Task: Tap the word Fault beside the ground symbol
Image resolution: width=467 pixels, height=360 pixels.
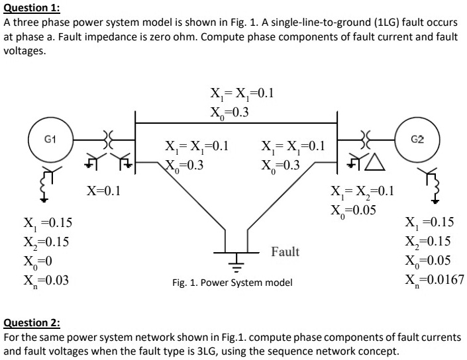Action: tap(285, 252)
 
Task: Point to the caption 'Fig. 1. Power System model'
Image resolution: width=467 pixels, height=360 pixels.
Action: tap(232, 283)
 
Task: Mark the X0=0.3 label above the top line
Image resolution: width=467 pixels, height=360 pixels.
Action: tap(229, 111)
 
